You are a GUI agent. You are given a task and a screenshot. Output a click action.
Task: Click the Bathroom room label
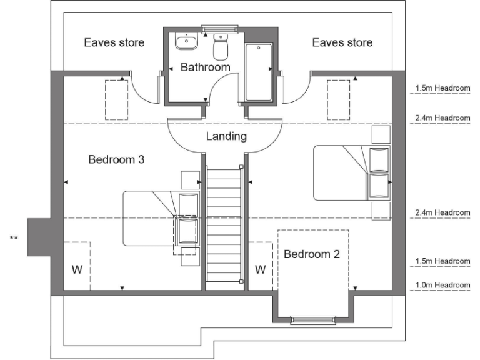(205, 67)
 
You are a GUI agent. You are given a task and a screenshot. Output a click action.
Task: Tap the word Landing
(226, 136)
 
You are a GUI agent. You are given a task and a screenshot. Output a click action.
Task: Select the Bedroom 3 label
(116, 159)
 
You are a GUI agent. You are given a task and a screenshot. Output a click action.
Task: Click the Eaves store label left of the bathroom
(114, 42)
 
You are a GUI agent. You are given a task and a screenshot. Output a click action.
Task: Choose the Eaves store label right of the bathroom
(342, 42)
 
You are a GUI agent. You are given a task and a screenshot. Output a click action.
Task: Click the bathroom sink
(186, 42)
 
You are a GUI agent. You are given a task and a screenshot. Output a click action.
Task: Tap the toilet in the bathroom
(221, 46)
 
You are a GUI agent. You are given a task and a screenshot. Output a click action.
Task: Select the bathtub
(258, 71)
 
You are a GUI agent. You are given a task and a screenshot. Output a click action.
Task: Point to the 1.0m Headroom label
(442, 286)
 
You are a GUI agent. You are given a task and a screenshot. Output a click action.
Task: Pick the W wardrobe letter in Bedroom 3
(76, 270)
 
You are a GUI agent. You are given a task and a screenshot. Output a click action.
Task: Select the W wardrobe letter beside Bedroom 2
(261, 270)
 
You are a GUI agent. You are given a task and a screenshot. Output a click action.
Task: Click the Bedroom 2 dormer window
(309, 320)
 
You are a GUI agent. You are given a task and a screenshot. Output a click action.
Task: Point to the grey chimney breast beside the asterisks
(39, 237)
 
